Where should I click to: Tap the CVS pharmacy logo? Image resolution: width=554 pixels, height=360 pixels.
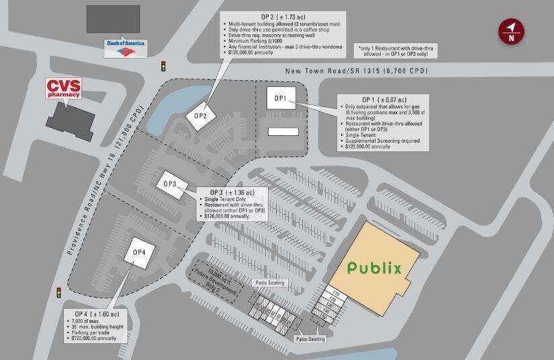[63, 88]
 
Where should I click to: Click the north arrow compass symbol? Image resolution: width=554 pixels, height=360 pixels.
[512, 31]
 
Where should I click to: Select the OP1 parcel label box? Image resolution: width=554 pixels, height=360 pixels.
[280, 98]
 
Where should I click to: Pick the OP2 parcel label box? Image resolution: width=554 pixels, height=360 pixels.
[200, 115]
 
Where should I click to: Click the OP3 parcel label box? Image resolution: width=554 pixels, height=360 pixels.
[170, 183]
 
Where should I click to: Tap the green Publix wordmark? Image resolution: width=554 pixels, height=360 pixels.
[374, 268]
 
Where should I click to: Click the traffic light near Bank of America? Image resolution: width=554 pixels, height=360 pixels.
[163, 66]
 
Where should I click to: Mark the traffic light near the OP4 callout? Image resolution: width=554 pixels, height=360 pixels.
[59, 293]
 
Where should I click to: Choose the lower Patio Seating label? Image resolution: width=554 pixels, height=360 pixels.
[310, 338]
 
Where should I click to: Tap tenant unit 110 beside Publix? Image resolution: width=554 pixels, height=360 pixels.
[336, 293]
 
